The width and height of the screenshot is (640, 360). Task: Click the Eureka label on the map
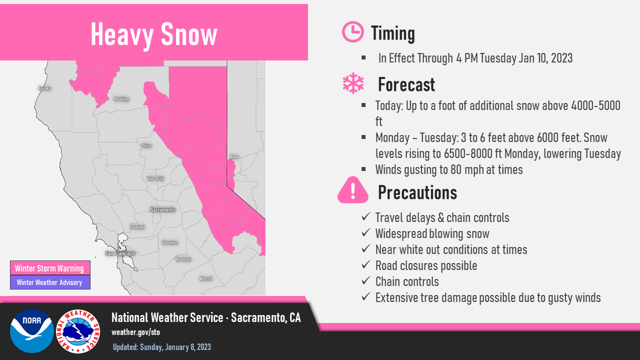pos(45,88)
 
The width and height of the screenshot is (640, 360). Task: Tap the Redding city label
pos(121,99)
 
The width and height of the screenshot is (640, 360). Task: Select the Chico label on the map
pos(146,146)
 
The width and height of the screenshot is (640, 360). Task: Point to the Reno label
pos(234,157)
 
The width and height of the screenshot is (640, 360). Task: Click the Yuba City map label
pos(155,179)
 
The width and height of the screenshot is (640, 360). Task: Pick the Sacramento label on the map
pos(163,210)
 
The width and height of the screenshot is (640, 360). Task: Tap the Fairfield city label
pos(137,227)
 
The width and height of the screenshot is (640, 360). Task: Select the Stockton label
pos(170,243)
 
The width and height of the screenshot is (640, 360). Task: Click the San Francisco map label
pos(120,253)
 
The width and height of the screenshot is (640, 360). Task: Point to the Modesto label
pos(183,259)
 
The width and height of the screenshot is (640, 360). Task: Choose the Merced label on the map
pos(206,279)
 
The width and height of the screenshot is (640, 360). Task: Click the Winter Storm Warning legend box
pos(50,268)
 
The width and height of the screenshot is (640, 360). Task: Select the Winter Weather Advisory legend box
pos(50,282)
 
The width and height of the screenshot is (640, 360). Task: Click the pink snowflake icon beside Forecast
pos(353,83)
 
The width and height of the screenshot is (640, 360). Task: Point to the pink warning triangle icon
pos(353,190)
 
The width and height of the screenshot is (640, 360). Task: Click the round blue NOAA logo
pos(32,331)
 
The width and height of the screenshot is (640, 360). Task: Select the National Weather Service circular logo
pos(78,331)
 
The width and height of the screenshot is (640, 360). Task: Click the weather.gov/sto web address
pos(135,332)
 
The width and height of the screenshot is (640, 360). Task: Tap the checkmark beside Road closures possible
pos(366,265)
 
